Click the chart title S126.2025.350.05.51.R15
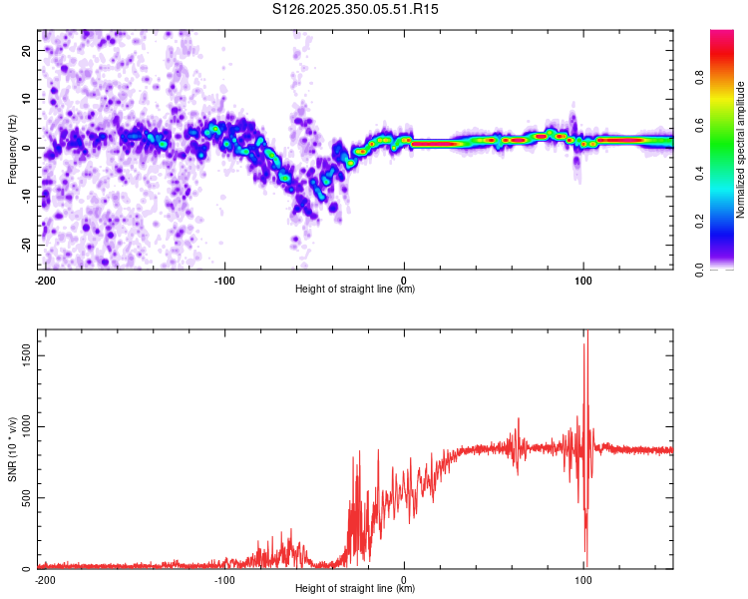(356, 9)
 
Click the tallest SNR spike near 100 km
(587, 335)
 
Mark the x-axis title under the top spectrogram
(355, 290)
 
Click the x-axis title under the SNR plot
(355, 589)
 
